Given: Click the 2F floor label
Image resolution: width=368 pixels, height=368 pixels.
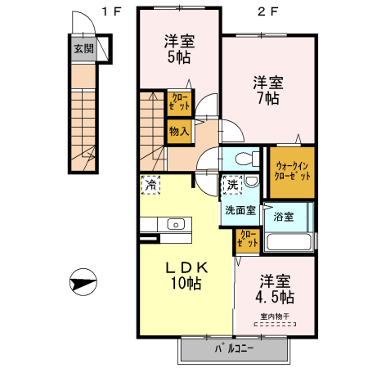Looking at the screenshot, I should click(265, 11).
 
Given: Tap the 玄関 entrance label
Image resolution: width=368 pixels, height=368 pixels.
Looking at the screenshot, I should click(83, 48).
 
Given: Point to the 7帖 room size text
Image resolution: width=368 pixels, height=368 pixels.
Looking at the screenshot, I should click(266, 98).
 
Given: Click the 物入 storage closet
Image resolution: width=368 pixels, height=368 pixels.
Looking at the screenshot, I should click(179, 130).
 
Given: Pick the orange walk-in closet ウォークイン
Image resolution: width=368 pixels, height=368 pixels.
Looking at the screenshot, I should click(292, 171).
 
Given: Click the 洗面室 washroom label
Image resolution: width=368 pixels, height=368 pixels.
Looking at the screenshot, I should click(240, 209).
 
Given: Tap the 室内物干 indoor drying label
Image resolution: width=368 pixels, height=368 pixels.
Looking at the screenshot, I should click(275, 316).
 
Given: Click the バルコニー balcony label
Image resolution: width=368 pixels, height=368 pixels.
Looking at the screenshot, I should click(234, 348).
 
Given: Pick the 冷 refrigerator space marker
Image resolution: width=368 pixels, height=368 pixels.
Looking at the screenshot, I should click(150, 185).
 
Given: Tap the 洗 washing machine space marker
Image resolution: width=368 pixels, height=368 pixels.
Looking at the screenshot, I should click(232, 186).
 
